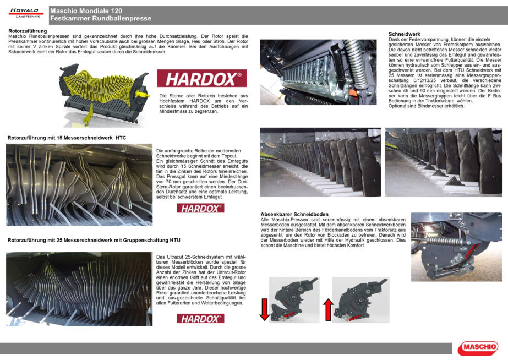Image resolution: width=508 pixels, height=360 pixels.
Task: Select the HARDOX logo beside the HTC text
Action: pos(200,208)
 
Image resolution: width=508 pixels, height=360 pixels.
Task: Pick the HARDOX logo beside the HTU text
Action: pos(200,318)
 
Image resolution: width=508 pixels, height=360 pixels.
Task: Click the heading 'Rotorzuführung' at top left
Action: pos(27,31)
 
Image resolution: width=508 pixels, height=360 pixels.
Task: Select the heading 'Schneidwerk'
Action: pos(405,34)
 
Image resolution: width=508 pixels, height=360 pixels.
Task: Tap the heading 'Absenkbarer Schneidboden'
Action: pos(294,214)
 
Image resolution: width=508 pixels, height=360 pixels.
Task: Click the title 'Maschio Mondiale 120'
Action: pos(86,11)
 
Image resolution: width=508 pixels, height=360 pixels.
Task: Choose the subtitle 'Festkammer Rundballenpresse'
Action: pos(100,19)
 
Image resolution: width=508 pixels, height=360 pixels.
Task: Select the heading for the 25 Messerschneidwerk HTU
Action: pos(94,241)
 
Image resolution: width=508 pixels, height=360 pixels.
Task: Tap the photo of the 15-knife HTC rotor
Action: pos(79,184)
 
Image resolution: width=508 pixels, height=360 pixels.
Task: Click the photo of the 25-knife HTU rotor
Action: pos(79,288)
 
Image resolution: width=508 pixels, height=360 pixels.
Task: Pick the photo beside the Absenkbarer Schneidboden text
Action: pos(456,247)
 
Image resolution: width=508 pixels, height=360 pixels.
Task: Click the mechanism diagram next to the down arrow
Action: pos(294,299)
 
